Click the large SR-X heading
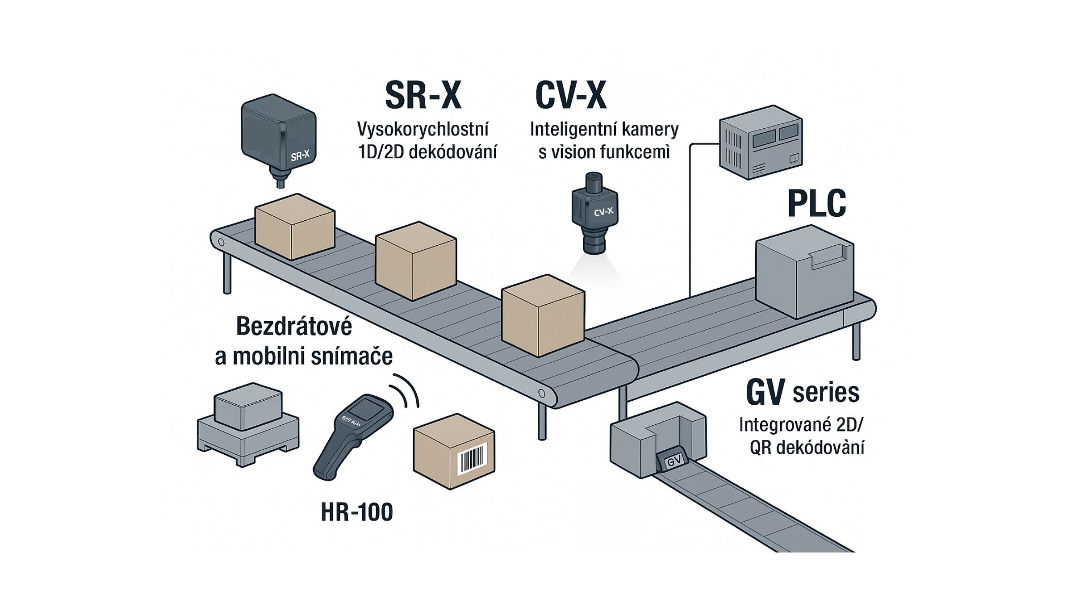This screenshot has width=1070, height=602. click(424, 95)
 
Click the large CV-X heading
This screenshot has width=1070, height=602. click(570, 95)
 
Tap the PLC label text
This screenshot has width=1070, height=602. click(816, 203)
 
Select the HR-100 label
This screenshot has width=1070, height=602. click(357, 512)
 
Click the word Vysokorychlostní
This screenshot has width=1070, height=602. click(422, 129)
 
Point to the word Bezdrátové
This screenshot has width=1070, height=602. click(294, 327)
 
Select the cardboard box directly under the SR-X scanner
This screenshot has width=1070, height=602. click(294, 226)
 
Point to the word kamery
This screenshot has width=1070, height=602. click(655, 129)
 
